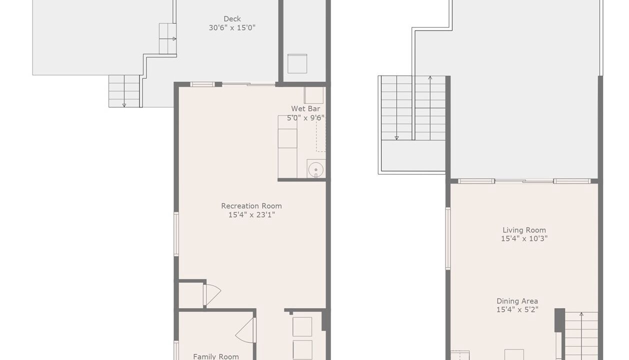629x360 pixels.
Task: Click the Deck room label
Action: coord(232,19)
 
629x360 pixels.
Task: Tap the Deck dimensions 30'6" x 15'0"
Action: coord(232,28)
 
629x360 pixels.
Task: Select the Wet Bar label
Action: coord(305,108)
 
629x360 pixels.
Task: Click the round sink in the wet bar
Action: coord(316,169)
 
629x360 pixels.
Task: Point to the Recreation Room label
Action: coord(251,206)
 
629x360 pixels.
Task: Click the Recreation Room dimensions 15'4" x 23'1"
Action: coord(251,215)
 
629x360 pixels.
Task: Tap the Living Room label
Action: coord(524,230)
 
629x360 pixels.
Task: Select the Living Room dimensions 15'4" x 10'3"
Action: coord(524,238)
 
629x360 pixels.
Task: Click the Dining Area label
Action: coord(517,301)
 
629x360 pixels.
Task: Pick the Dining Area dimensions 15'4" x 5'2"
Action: coord(517,309)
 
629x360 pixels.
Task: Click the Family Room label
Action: coord(216,356)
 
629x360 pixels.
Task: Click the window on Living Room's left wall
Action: coord(448,238)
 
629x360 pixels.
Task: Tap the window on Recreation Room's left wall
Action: coord(176,234)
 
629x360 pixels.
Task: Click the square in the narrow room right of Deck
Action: coord(297,63)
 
